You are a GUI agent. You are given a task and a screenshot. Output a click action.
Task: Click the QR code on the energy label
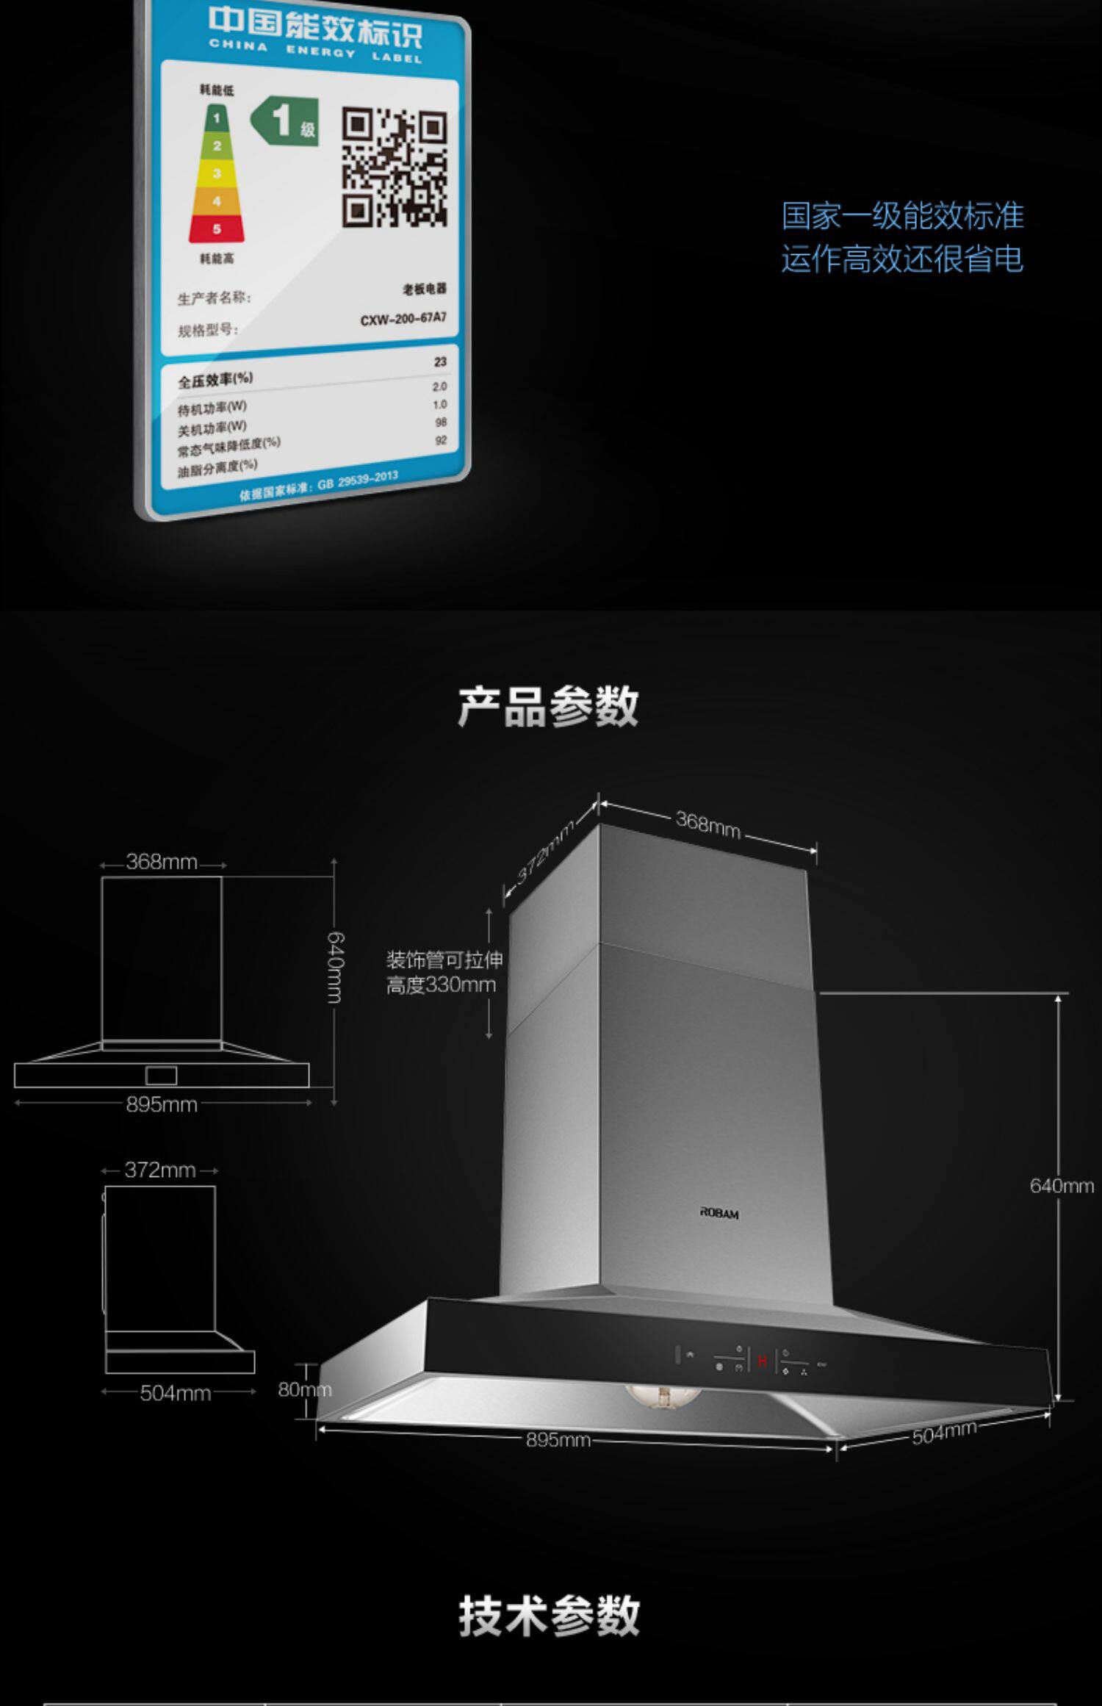(x=395, y=167)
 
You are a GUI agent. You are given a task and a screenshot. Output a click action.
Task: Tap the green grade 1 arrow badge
(x=285, y=120)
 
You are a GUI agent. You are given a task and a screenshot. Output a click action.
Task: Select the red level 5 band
(x=217, y=229)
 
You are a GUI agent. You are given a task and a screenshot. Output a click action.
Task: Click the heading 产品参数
(x=548, y=707)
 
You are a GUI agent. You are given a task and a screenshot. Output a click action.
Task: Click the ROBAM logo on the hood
(x=719, y=1213)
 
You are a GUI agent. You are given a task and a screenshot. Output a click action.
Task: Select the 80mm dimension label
(x=304, y=1389)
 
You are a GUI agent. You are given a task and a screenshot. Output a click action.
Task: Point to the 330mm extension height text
(x=442, y=985)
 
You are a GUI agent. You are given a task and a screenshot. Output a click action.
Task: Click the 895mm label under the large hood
(x=558, y=1440)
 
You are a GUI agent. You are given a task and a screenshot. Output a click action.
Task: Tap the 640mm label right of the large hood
(x=1062, y=1185)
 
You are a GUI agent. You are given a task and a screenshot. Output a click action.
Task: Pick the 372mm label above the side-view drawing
(x=160, y=1170)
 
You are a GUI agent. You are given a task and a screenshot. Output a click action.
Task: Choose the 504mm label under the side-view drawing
(x=176, y=1393)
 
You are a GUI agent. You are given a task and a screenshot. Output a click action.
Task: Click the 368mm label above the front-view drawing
(x=162, y=861)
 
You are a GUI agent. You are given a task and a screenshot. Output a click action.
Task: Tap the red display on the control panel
(x=762, y=1360)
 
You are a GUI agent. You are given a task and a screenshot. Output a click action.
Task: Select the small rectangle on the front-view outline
(x=161, y=1076)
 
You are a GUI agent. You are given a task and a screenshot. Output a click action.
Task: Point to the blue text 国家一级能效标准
(x=902, y=215)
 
